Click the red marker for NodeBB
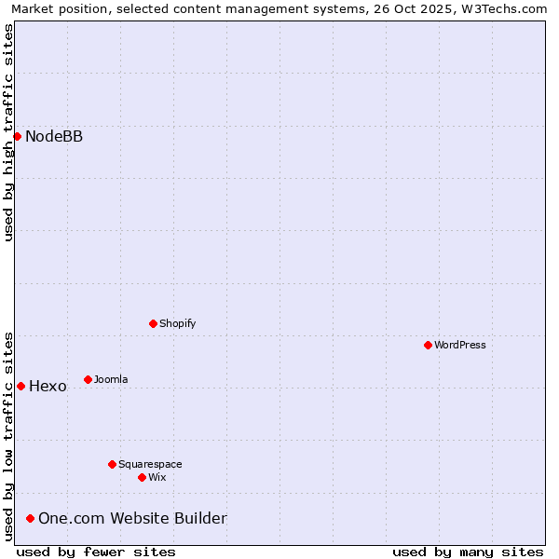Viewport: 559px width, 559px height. pyautogui.click(x=17, y=136)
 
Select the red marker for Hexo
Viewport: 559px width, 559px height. pyautogui.click(x=20, y=386)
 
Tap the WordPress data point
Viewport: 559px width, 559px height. pyautogui.click(x=428, y=345)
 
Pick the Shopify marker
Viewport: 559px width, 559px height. pyautogui.click(x=153, y=323)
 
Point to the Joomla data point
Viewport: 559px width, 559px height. pyautogui.click(x=88, y=379)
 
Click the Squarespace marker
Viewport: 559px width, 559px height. pyautogui.click(x=112, y=464)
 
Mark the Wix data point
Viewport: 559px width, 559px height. pyautogui.click(x=142, y=477)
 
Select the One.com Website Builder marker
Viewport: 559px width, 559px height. pyautogui.click(x=31, y=518)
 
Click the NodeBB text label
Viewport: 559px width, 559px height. pyautogui.click(x=54, y=137)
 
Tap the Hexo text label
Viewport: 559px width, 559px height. pyautogui.click(x=48, y=387)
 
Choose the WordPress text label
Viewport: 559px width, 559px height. pyautogui.click(x=460, y=346)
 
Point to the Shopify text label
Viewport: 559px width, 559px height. pyautogui.click(x=177, y=324)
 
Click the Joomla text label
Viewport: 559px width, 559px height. pyautogui.click(x=111, y=380)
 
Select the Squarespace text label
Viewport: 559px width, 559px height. pyautogui.click(x=150, y=465)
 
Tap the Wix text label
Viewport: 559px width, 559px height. pyautogui.click(x=157, y=478)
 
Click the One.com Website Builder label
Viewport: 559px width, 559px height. pyautogui.click(x=132, y=519)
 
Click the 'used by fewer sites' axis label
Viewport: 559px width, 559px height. pyautogui.click(x=96, y=552)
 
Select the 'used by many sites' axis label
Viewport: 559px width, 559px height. pyautogui.click(x=468, y=552)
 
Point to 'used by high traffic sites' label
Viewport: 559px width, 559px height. pyautogui.click(x=8, y=132)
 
